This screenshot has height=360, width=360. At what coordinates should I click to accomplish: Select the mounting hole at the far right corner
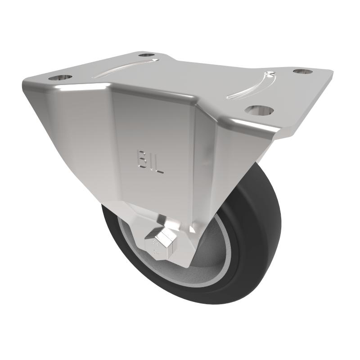[x=301, y=71]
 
